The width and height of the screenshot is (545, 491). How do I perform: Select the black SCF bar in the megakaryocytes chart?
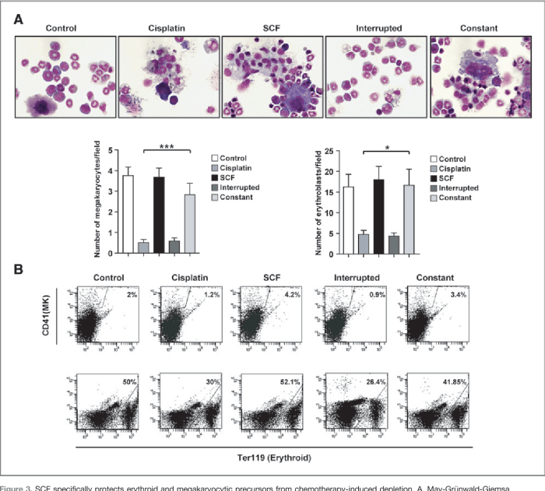pyautogui.click(x=158, y=215)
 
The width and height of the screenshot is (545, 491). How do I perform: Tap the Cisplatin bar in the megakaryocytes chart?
pyautogui.click(x=143, y=247)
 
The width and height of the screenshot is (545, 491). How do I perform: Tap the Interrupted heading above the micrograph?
pyautogui.click(x=378, y=29)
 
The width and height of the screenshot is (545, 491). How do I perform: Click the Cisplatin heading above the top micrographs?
pyautogui.click(x=168, y=29)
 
